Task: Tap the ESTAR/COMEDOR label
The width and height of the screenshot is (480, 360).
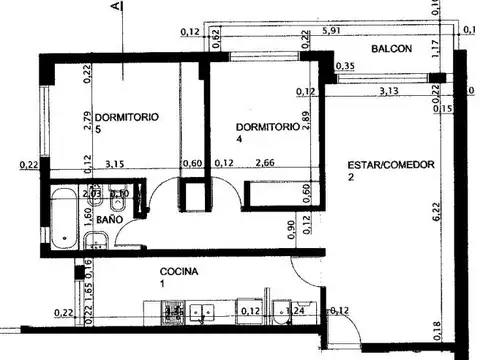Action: click(x=391, y=165)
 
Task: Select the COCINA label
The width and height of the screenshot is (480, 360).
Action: click(x=179, y=272)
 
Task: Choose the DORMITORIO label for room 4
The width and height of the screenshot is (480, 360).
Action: click(x=267, y=127)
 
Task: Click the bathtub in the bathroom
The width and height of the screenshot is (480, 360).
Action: click(x=62, y=218)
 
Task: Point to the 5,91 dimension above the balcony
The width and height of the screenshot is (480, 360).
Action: click(x=332, y=31)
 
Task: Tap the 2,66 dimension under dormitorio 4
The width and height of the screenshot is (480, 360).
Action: click(x=265, y=163)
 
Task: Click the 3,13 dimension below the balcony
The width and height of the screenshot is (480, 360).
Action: click(x=389, y=92)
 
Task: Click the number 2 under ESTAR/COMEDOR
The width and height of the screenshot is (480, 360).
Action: click(x=351, y=177)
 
